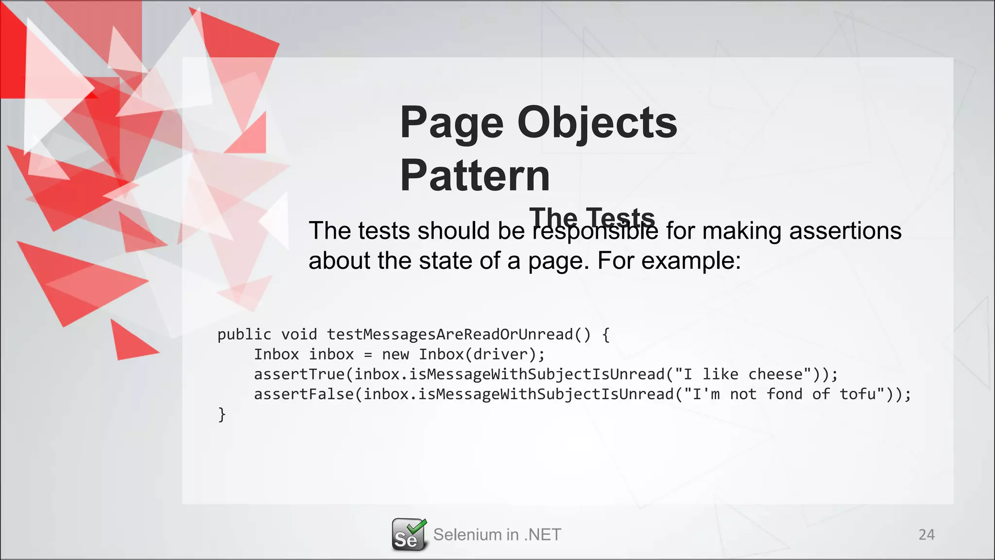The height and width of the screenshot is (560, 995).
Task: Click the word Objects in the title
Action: (597, 122)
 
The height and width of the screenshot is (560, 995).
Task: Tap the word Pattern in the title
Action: (475, 175)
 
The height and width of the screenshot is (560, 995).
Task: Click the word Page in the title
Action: (451, 122)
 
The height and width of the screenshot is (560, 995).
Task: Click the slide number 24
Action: (926, 535)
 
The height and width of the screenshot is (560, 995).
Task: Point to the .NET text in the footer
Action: (543, 535)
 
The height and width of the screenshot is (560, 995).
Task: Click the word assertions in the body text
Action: (845, 230)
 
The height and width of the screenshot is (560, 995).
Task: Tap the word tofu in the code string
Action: (858, 394)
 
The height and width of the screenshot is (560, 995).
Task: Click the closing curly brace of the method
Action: (222, 415)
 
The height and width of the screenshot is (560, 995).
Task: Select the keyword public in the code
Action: (244, 334)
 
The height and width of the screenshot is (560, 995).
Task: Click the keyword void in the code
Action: (299, 334)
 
